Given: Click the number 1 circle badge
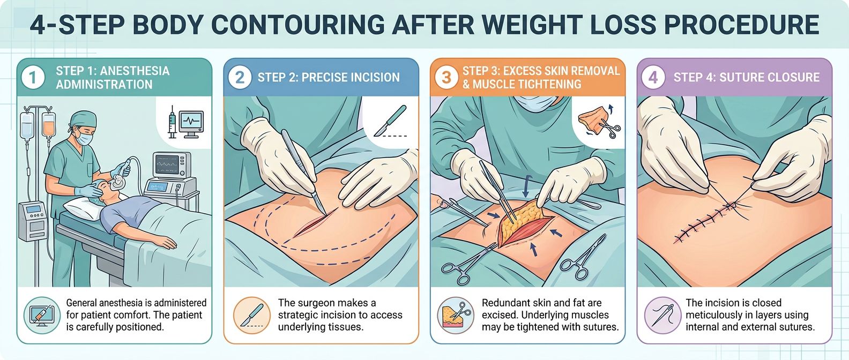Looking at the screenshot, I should [x=33, y=78].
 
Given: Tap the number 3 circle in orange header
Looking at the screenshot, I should [x=446, y=78].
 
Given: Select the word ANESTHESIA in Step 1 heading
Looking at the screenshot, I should [x=135, y=71].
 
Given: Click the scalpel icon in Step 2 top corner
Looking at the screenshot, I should [x=390, y=121].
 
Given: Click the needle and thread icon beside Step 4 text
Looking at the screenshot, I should [x=662, y=314].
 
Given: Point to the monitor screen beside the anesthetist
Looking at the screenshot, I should [x=172, y=164].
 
